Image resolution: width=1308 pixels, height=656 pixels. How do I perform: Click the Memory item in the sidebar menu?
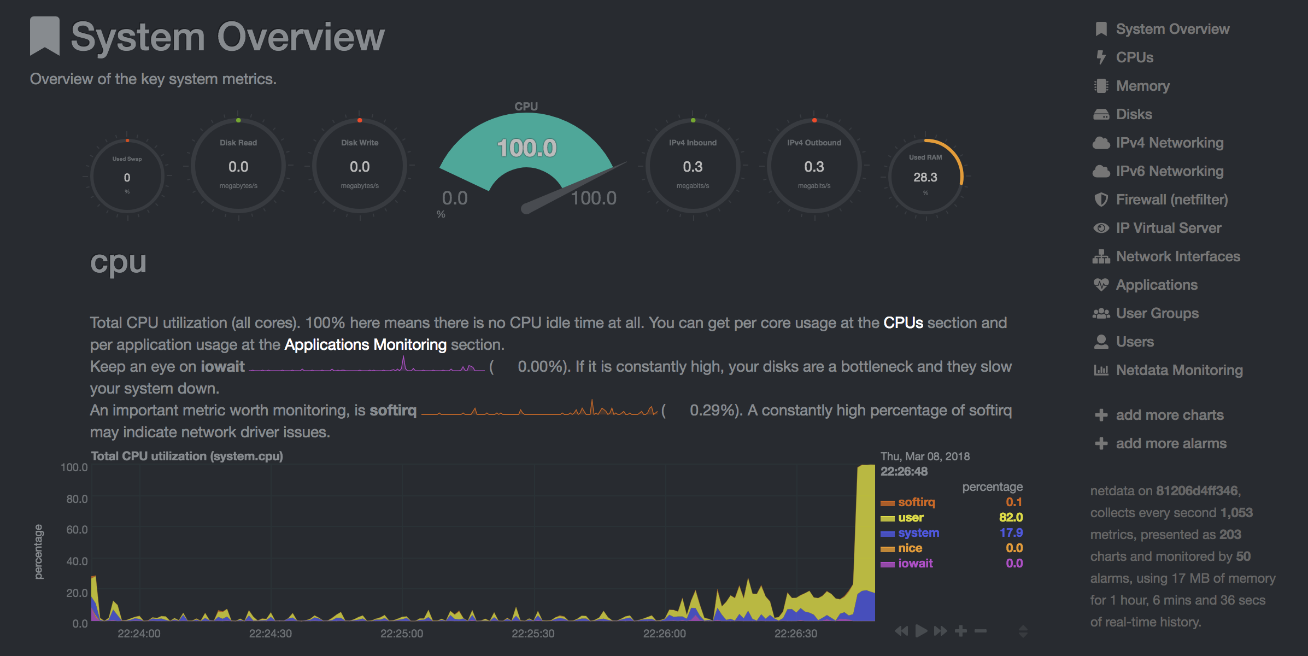coord(1142,86)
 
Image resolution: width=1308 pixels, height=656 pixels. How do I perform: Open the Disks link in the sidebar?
coord(1134,114)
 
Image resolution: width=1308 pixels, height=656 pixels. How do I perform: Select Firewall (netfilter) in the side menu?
coord(1172,200)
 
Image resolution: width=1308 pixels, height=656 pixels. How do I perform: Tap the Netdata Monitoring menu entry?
coord(1179,370)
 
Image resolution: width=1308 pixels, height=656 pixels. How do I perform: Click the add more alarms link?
coord(1171,443)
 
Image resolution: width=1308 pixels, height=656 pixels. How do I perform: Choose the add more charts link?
coord(1170,415)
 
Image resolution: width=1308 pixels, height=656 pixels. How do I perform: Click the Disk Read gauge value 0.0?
coord(238,167)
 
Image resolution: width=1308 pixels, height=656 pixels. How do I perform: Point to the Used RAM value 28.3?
coord(925,177)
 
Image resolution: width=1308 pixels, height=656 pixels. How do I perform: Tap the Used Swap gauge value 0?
coord(127,178)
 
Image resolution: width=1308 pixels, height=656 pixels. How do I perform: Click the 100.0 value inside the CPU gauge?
coord(526,148)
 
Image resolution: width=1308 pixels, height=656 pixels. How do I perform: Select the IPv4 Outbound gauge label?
coord(814,143)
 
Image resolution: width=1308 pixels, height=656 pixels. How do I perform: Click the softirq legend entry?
coord(916,502)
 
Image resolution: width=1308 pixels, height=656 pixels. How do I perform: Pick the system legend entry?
coord(918,532)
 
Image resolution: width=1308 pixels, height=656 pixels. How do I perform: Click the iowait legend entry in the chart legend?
coord(916,563)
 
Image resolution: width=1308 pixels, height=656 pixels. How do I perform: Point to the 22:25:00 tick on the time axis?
coord(402,634)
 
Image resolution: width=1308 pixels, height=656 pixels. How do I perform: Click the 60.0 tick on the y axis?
coord(77,529)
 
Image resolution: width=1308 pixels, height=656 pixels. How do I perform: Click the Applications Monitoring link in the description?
coord(365,344)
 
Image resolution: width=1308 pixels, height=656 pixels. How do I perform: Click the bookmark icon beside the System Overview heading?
coord(45,36)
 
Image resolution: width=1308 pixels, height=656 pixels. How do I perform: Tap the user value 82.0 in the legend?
coord(1011,517)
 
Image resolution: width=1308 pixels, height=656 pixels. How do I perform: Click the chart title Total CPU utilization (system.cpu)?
coord(187,456)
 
